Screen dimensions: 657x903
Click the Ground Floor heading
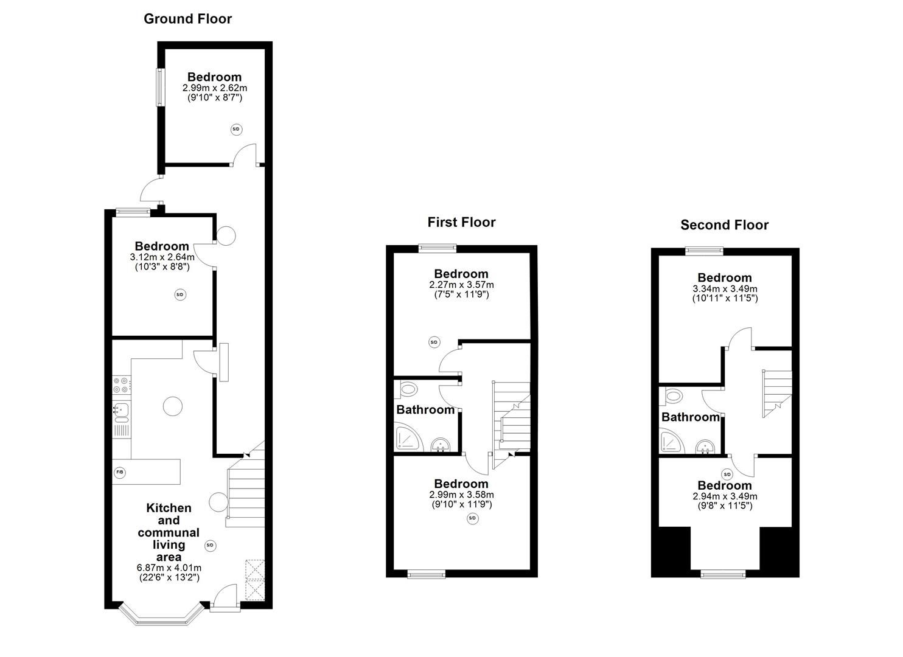coord(187,19)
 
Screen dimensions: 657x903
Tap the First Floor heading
coord(461,222)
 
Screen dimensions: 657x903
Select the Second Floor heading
coord(724,225)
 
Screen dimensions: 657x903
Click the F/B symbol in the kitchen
coord(120,472)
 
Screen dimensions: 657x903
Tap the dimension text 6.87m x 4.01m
coord(169,568)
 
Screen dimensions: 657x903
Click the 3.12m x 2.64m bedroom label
coord(162,257)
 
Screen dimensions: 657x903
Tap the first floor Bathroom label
coord(425,410)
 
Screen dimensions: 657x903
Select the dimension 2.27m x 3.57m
coord(461,285)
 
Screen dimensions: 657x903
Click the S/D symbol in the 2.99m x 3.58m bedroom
coord(472,518)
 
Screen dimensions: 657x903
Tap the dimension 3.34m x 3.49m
coord(725,288)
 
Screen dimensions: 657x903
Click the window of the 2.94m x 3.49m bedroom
coord(722,573)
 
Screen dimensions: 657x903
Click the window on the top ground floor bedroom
coord(161,88)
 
